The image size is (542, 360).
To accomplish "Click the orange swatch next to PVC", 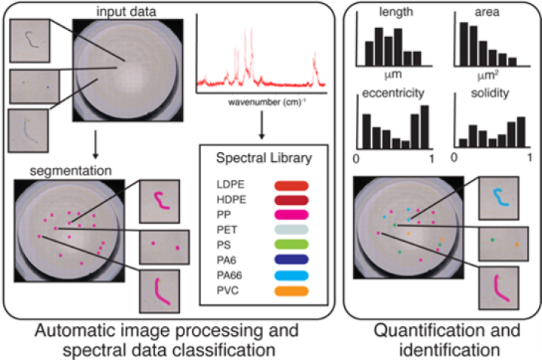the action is click(291, 291).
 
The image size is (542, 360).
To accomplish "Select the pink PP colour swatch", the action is click(291, 215).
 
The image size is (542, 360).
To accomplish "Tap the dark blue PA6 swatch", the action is click(291, 260).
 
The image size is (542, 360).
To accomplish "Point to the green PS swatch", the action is click(291, 245).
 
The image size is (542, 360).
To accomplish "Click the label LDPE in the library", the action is click(230, 185).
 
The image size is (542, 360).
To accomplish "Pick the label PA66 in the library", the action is click(229, 276).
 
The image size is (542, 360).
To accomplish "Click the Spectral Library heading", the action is click(264, 158).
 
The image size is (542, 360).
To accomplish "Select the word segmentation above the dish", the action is click(71, 171).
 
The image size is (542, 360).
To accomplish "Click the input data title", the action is click(126, 12).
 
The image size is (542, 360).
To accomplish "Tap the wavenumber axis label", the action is click(267, 102).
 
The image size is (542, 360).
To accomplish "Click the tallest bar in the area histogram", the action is click(464, 44).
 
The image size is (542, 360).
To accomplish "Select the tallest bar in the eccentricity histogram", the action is click(425, 127).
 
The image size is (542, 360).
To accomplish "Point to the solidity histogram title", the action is click(490, 93).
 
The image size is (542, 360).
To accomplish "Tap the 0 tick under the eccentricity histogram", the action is click(356, 159).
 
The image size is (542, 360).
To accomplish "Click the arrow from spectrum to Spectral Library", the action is click(262, 125).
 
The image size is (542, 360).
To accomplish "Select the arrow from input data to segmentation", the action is click(96, 145).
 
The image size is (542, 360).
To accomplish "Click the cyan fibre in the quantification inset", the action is click(500, 198).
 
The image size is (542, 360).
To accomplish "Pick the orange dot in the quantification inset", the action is click(516, 245).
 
